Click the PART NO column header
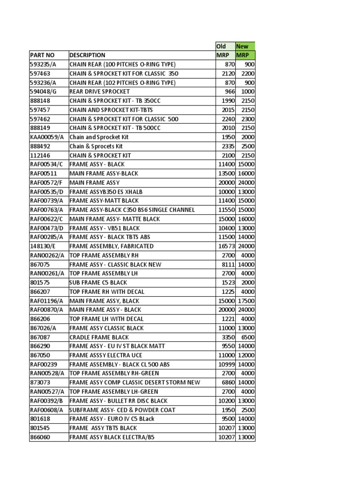click(x=42, y=55)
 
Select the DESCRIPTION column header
click(x=88, y=55)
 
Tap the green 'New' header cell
click(x=242, y=46)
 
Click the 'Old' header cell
click(x=221, y=46)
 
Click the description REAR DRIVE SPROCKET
click(x=99, y=91)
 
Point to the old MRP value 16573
click(x=226, y=246)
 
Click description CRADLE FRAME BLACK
click(x=99, y=337)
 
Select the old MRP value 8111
click(x=228, y=264)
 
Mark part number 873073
click(x=40, y=382)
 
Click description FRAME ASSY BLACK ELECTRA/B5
click(x=112, y=437)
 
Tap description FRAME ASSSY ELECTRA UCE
click(x=105, y=355)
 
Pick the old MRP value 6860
click(x=228, y=382)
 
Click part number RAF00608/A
click(x=46, y=410)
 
